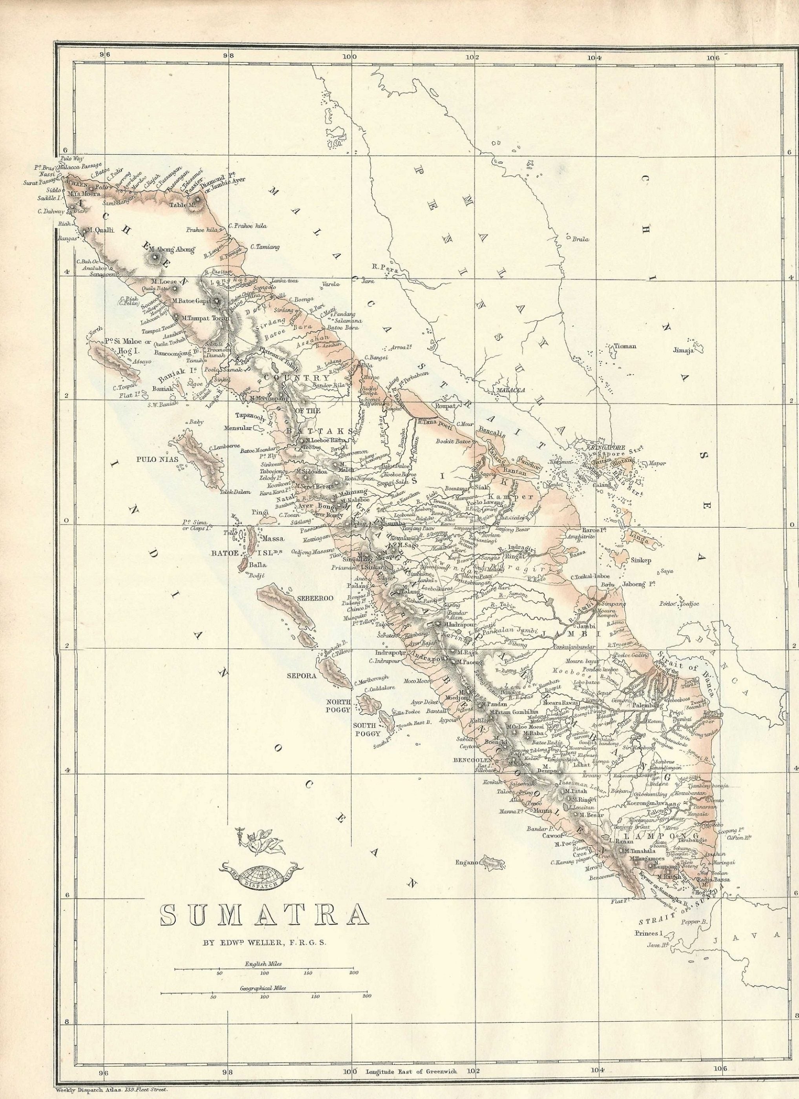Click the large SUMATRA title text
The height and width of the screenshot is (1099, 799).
point(264,914)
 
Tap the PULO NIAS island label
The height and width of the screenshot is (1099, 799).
point(157,459)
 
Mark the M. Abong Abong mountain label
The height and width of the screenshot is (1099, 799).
point(172,250)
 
